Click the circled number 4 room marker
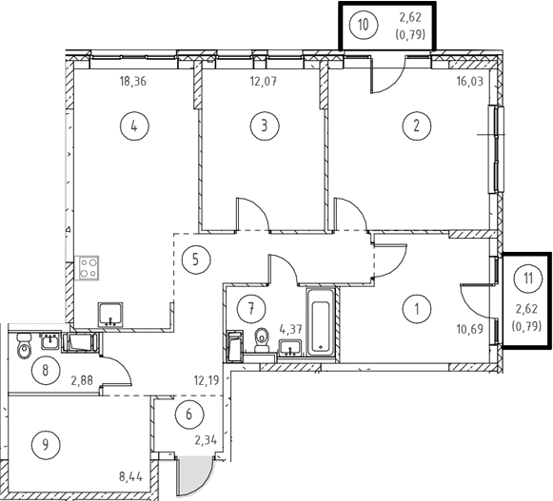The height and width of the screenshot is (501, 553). pyautogui.click(x=134, y=125)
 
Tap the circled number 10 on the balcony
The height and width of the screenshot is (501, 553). pyautogui.click(x=363, y=25)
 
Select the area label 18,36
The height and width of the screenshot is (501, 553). pyautogui.click(x=132, y=82)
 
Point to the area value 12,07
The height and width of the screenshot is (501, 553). pyautogui.click(x=264, y=82)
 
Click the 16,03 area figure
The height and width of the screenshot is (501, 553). pyautogui.click(x=470, y=82)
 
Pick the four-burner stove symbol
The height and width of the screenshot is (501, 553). pyautogui.click(x=89, y=268)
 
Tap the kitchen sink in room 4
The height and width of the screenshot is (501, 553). pyautogui.click(x=110, y=315)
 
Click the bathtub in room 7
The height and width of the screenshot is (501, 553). pyautogui.click(x=321, y=322)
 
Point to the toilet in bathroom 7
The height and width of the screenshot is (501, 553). pyautogui.click(x=262, y=339)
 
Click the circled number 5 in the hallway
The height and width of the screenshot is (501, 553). pyautogui.click(x=196, y=260)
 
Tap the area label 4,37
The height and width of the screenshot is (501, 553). pyautogui.click(x=290, y=330)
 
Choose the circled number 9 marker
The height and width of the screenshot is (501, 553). pyautogui.click(x=46, y=445)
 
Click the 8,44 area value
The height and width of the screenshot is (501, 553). pyautogui.click(x=130, y=477)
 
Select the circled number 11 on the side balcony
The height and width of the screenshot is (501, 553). pyautogui.click(x=528, y=279)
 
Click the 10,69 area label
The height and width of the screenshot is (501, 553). pyautogui.click(x=470, y=330)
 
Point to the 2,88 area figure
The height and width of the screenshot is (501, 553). pyautogui.click(x=82, y=380)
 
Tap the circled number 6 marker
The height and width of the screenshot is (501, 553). pyautogui.click(x=189, y=414)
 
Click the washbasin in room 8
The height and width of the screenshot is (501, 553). pyautogui.click(x=50, y=341)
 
